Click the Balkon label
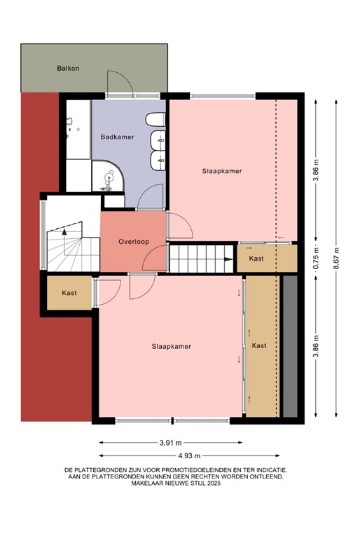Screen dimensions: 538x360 (68, 68)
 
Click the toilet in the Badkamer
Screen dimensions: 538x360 (157, 120)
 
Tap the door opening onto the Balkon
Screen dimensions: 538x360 (119, 83)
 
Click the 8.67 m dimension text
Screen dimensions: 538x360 (337, 259)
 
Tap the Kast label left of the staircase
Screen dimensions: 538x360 (69, 293)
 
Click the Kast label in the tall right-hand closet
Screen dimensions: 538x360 (259, 346)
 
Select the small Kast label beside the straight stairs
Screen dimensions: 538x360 (257, 259)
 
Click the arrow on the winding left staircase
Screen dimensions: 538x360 (64, 229)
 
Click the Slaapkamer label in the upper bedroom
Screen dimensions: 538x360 (222, 171)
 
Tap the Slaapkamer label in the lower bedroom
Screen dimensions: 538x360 (172, 346)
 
